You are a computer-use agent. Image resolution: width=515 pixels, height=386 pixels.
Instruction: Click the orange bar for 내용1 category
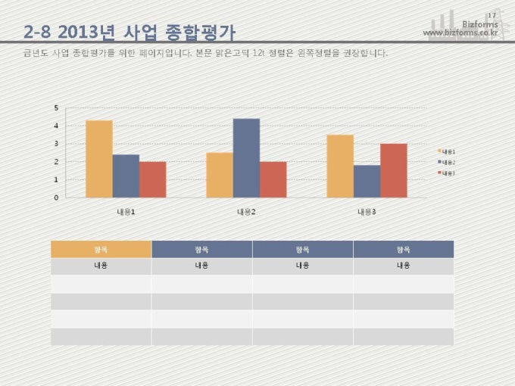pos(99,159)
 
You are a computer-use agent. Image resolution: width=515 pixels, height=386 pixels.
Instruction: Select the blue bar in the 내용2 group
pos(246,158)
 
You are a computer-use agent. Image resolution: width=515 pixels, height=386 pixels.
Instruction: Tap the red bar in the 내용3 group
pos(393,170)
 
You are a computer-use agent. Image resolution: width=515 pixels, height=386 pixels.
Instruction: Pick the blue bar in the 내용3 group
pos(367,181)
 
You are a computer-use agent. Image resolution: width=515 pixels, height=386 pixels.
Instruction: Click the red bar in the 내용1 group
pos(152,179)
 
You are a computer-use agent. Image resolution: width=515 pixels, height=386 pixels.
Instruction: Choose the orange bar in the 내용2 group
pos(220,175)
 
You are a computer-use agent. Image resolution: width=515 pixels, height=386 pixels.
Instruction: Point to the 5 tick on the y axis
pos(56,107)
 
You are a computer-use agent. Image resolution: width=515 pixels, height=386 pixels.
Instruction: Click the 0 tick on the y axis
pos(56,198)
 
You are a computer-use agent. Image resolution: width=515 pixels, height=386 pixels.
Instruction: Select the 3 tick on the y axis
pos(56,144)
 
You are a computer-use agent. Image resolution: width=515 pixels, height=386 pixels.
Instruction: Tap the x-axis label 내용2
pos(246,211)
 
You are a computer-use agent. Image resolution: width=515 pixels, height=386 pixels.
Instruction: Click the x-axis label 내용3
pos(367,211)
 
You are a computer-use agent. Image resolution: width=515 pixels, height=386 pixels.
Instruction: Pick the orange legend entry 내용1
pos(446,151)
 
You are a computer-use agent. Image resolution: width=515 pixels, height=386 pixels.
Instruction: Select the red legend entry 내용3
pos(446,173)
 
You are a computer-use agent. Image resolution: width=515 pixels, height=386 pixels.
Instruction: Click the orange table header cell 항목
pos(101,249)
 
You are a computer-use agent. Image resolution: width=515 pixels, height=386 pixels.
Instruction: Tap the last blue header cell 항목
pos(403,249)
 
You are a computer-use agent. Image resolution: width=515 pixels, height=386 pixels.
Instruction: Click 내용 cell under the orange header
pos(101,266)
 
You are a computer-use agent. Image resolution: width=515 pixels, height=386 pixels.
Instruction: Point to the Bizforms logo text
pos(479,24)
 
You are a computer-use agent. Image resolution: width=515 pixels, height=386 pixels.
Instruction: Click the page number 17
pos(492,15)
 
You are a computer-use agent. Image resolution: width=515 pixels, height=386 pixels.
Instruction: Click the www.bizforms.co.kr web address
pos(460,33)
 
